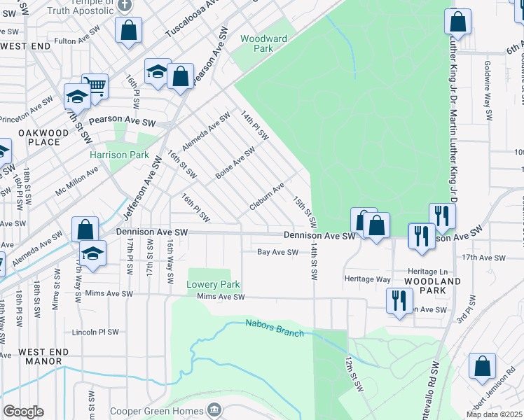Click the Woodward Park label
click(x=263, y=43)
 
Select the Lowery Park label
click(x=213, y=284)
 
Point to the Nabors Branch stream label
click(x=275, y=328)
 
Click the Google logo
click(x=24, y=411)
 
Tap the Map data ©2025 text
click(x=494, y=414)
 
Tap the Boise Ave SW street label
click(x=235, y=162)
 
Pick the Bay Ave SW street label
click(x=277, y=252)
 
